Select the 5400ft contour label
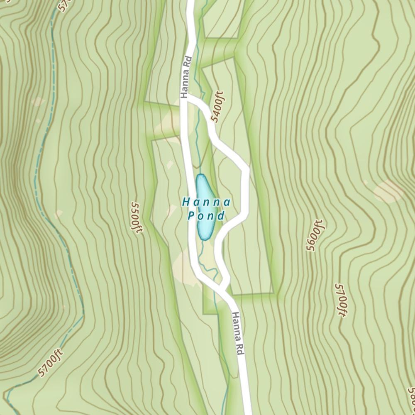tap(217, 107)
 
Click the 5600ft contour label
tap(314, 235)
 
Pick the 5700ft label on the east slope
tap(340, 300)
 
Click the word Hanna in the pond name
tap(206, 203)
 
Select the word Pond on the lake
tap(206, 216)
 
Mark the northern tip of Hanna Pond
tap(201, 176)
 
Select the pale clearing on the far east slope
tap(388, 190)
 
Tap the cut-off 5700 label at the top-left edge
tap(63, 5)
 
